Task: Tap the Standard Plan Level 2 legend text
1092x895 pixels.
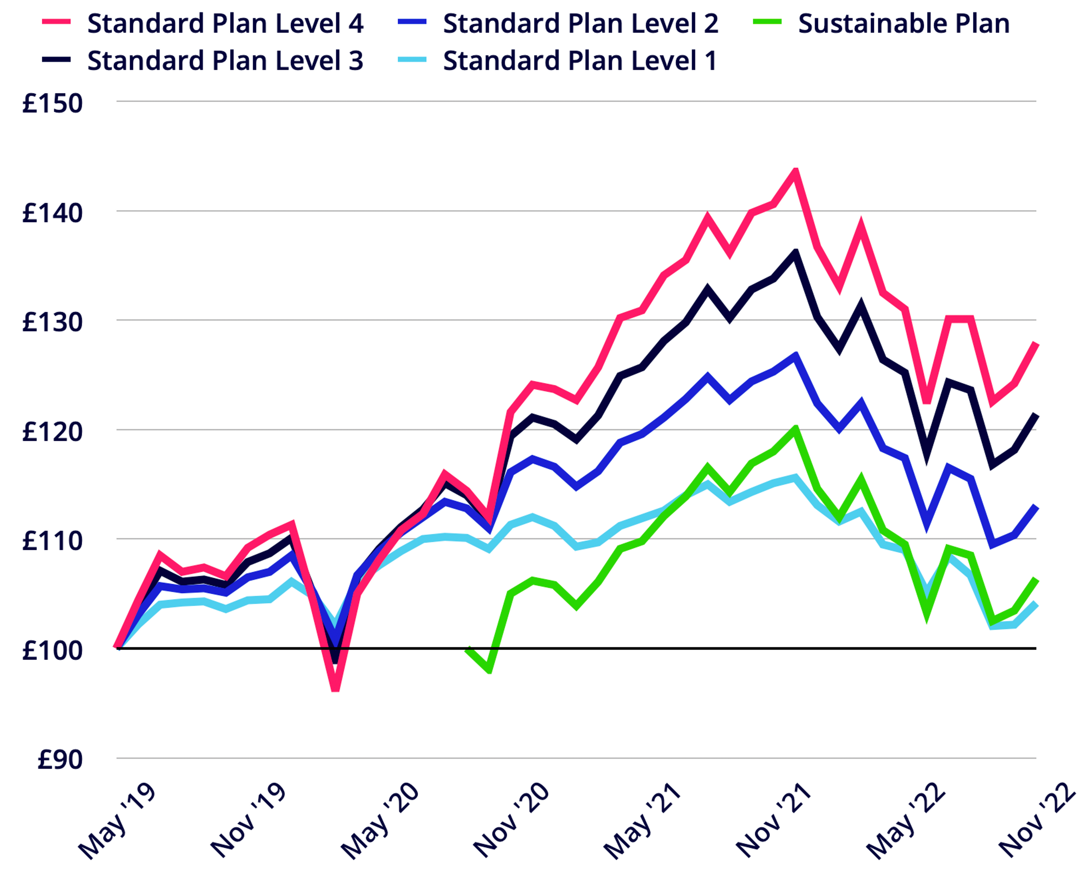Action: pyautogui.click(x=580, y=24)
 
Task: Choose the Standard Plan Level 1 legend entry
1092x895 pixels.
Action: pyautogui.click(x=580, y=61)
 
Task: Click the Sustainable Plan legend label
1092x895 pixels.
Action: pyautogui.click(x=903, y=24)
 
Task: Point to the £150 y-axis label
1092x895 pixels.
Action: pyautogui.click(x=52, y=103)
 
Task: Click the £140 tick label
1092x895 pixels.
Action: pyautogui.click(x=52, y=212)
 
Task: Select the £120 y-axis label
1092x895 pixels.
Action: pyautogui.click(x=52, y=431)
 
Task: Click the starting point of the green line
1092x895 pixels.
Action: pyautogui.click(x=467, y=650)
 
